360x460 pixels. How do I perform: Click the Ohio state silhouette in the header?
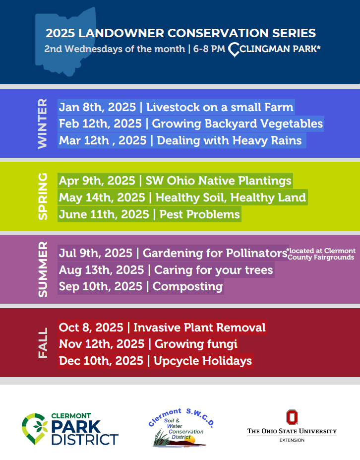[x=65, y=41]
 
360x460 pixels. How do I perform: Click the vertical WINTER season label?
[x=43, y=124]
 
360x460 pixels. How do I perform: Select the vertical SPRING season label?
[x=43, y=197]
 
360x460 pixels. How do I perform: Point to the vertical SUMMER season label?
[x=43, y=269]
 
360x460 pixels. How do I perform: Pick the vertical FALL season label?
[x=43, y=343]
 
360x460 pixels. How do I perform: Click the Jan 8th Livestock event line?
[x=176, y=107]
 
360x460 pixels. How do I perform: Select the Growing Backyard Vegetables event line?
[x=191, y=124]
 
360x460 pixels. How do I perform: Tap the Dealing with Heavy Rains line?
[x=182, y=140]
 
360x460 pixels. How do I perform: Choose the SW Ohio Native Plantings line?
[x=175, y=181]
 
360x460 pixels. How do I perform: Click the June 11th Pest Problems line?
[x=150, y=214]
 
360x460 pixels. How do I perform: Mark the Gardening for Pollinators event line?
[x=173, y=253]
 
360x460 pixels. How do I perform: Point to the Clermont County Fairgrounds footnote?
[x=321, y=254]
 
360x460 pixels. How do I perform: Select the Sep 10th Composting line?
[x=141, y=286]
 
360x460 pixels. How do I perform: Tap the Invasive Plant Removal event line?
[x=162, y=328]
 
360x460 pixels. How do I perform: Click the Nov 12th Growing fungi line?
[x=148, y=344]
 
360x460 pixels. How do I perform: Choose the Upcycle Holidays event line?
[x=155, y=361]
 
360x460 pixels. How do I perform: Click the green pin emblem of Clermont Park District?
[x=35, y=428]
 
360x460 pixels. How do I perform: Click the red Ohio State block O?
[x=292, y=417]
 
